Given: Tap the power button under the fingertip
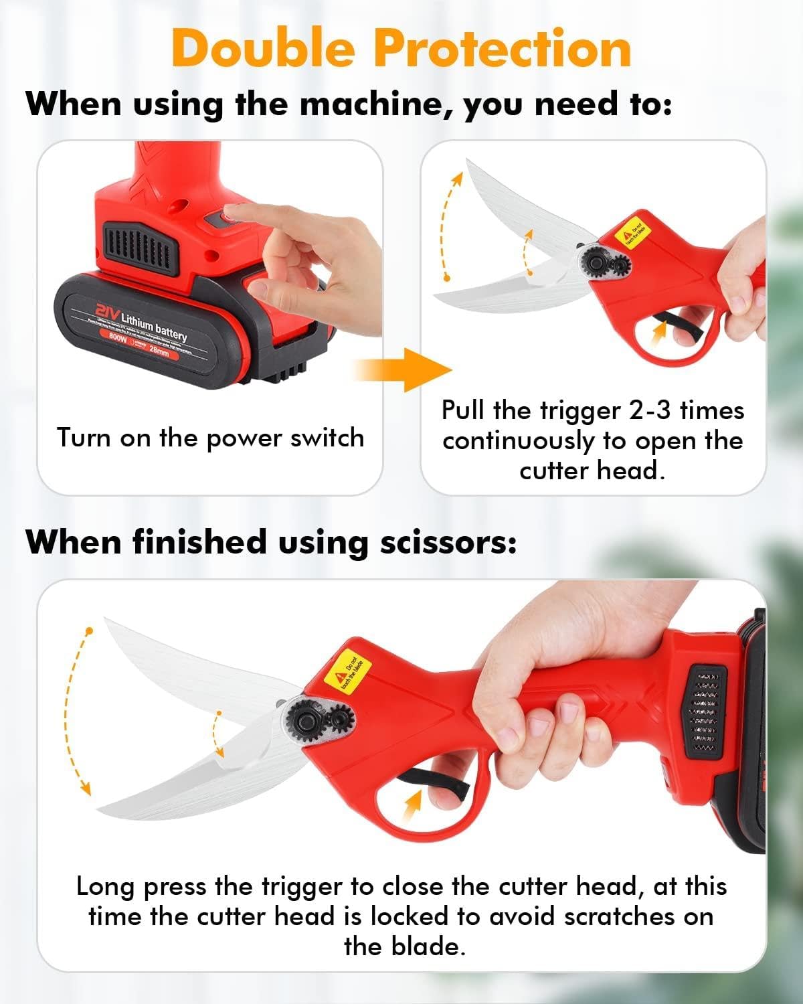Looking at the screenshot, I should tap(221, 218).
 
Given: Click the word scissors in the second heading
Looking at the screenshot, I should tap(448, 542).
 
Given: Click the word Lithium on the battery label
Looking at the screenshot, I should tap(137, 321).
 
